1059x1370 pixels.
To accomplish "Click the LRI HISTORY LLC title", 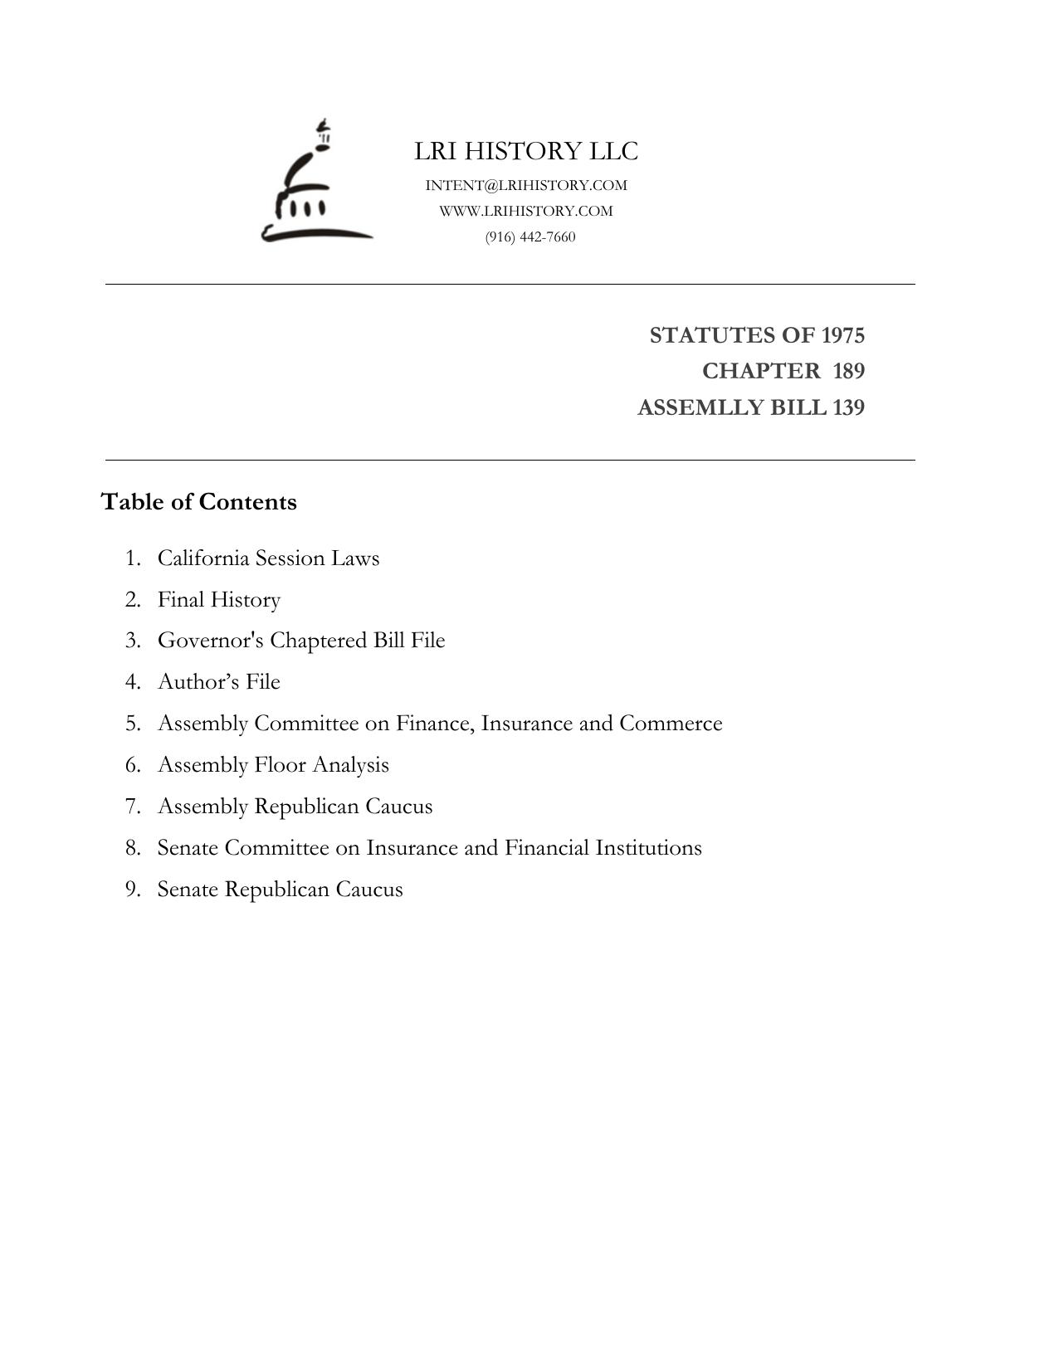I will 526,151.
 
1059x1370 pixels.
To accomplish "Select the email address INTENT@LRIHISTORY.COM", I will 526,185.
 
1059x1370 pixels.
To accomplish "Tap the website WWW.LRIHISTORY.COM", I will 526,211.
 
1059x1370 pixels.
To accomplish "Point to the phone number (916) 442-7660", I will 530,236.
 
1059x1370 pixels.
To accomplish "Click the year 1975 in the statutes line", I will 842,335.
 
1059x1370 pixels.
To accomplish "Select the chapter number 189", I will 848,371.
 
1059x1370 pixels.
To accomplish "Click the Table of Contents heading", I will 198,502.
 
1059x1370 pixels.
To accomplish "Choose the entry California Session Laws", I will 268,558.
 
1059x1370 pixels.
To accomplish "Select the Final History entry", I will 219,599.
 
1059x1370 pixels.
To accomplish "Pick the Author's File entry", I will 219,681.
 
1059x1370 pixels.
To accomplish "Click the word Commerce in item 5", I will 671,723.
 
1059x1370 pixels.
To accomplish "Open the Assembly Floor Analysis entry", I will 273,764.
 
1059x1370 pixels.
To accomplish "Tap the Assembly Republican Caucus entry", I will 295,806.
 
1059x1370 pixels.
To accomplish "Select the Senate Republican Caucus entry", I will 280,889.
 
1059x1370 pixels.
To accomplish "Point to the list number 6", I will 133,764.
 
